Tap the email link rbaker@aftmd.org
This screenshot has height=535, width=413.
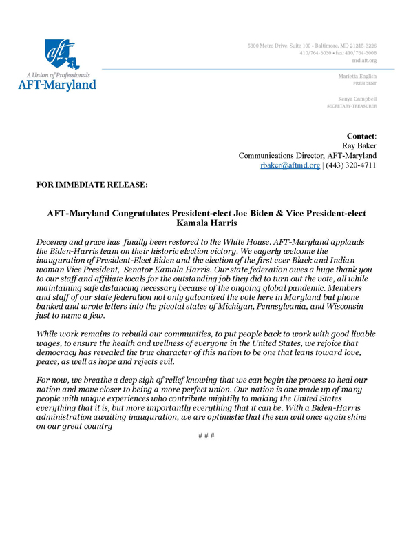[x=290, y=166]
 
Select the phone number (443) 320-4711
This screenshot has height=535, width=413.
[x=351, y=166]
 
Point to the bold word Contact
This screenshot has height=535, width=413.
[x=361, y=137]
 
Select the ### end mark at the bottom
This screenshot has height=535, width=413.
[x=206, y=436]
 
